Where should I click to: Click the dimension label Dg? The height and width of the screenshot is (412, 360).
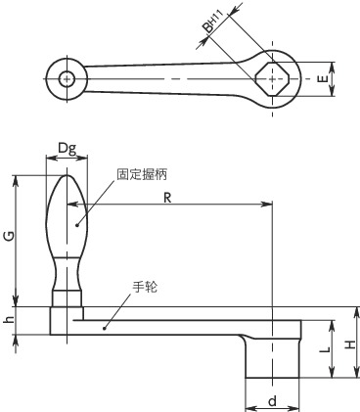[x=67, y=149]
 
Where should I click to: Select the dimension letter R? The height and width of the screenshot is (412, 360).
[x=167, y=198]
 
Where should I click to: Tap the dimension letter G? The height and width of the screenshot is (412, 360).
[x=10, y=236]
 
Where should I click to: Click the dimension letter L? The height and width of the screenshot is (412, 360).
[x=325, y=349]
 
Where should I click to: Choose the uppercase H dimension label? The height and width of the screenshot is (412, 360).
[x=350, y=344]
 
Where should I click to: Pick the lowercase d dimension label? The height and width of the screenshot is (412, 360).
[x=273, y=401]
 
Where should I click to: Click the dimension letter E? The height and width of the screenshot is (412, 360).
[x=322, y=78]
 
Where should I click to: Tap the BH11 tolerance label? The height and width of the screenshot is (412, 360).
[x=212, y=22]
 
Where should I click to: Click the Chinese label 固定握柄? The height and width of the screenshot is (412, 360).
[x=142, y=174]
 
